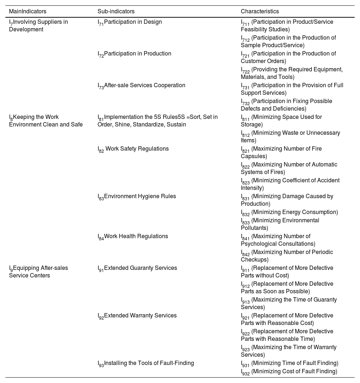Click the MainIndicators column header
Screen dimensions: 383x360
click(x=27, y=12)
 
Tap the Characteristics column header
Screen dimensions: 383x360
click(x=260, y=12)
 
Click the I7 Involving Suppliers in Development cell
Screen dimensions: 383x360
click(x=38, y=26)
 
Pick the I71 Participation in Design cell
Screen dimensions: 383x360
click(x=130, y=22)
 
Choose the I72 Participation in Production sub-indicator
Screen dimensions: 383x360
click(x=134, y=54)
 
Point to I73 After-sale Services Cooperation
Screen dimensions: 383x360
click(x=141, y=85)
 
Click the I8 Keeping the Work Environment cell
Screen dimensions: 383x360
click(x=46, y=121)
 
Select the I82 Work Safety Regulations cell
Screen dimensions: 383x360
click(x=133, y=149)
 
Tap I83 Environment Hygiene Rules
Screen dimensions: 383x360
click(x=137, y=196)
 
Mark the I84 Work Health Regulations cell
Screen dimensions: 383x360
click(x=133, y=236)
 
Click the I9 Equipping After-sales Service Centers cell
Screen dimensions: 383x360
click(x=38, y=272)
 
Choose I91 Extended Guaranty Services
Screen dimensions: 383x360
click(x=137, y=268)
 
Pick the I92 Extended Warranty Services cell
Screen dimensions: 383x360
click(x=137, y=316)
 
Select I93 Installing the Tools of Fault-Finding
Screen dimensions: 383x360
click(x=146, y=363)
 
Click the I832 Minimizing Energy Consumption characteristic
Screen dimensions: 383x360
click(x=289, y=212)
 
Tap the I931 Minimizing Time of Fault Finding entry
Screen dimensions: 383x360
click(x=289, y=363)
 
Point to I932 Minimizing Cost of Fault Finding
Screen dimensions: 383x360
click(x=289, y=371)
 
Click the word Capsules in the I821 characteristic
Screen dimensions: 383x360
click(x=253, y=156)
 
